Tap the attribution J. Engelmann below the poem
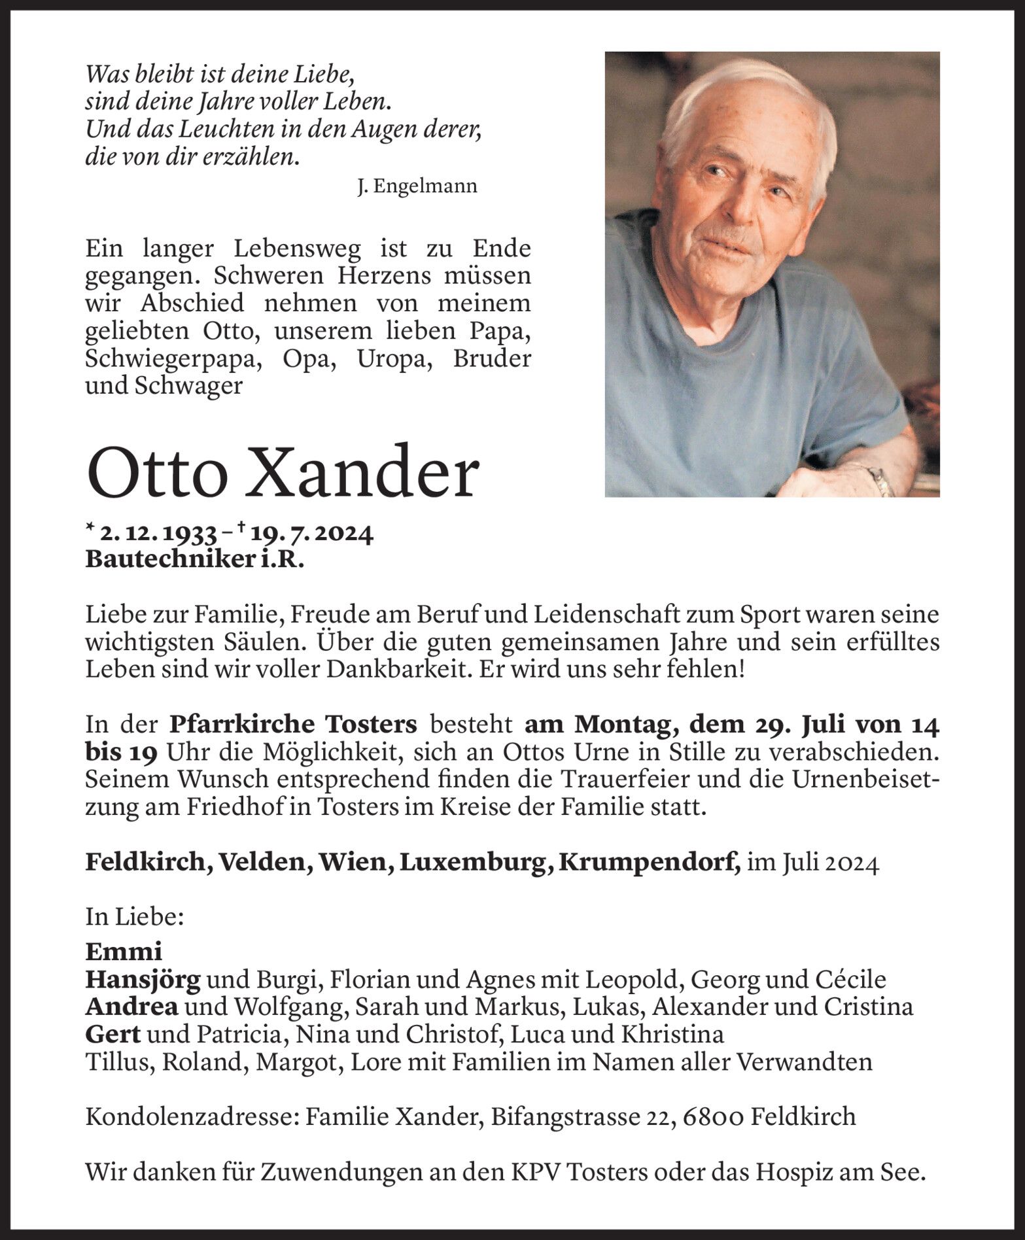click(x=417, y=186)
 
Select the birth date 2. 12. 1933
click(x=159, y=535)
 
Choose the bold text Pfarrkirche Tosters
click(x=293, y=725)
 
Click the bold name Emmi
click(x=123, y=951)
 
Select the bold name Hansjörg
click(x=143, y=979)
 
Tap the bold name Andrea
click(x=131, y=1007)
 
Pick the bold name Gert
click(x=113, y=1034)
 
